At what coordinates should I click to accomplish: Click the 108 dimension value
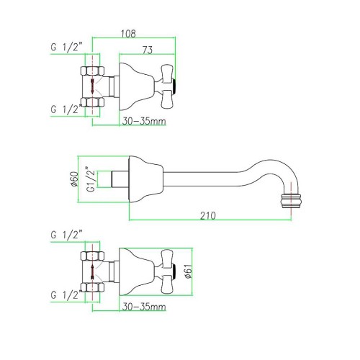(x=128, y=33)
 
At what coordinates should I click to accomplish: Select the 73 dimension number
(x=148, y=50)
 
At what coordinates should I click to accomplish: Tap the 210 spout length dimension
(x=208, y=216)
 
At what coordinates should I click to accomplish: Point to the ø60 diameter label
(x=74, y=179)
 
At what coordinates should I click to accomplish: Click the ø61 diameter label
(x=189, y=271)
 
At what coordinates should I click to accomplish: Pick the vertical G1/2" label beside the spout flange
(x=91, y=179)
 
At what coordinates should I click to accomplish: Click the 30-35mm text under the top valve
(x=144, y=121)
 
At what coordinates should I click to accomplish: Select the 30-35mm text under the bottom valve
(x=144, y=307)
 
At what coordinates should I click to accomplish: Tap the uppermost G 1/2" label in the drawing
(x=66, y=47)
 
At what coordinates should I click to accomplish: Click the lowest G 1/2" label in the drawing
(x=66, y=295)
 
